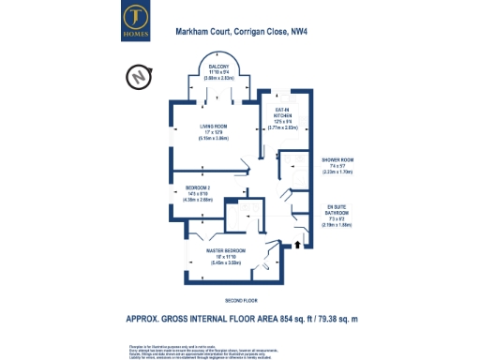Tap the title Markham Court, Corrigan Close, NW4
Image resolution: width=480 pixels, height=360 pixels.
click(x=240, y=32)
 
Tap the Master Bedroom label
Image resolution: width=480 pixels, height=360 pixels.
click(x=226, y=250)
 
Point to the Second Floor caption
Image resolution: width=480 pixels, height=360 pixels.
click(x=240, y=300)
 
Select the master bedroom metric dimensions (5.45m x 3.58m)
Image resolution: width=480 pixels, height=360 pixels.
click(x=226, y=263)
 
